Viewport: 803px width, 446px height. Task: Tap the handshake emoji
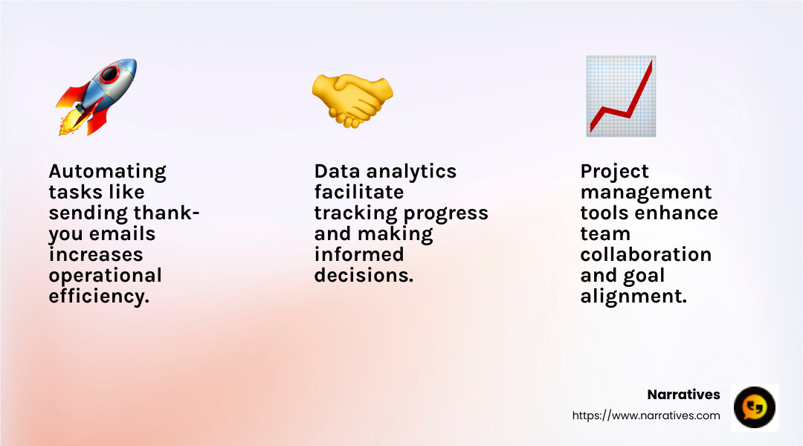(352, 99)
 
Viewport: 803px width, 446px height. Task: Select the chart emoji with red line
(621, 96)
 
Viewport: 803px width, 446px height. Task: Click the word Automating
(107, 172)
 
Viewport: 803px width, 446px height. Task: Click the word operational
(105, 276)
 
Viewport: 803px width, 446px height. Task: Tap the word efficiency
(98, 297)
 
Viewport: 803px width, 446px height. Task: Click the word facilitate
(358, 193)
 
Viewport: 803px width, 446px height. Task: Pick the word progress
(445, 213)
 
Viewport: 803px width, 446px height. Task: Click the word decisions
(363, 276)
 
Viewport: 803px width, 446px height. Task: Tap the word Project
(614, 172)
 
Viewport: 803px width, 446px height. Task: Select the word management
(645, 193)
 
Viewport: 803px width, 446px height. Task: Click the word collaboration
(645, 255)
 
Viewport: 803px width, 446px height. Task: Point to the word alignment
(633, 297)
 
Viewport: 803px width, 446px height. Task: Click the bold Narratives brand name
(683, 395)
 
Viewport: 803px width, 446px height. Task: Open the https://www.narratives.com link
(645, 416)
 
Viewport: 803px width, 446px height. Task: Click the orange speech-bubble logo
(755, 407)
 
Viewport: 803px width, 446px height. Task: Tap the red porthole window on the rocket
(112, 74)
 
